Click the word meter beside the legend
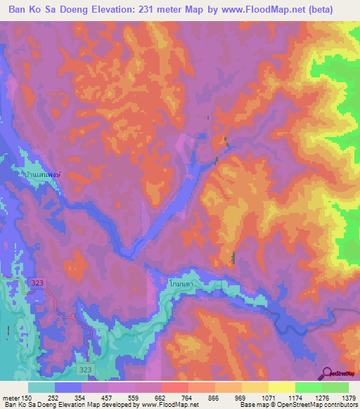click(11, 398)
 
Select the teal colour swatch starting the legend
click(41, 387)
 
